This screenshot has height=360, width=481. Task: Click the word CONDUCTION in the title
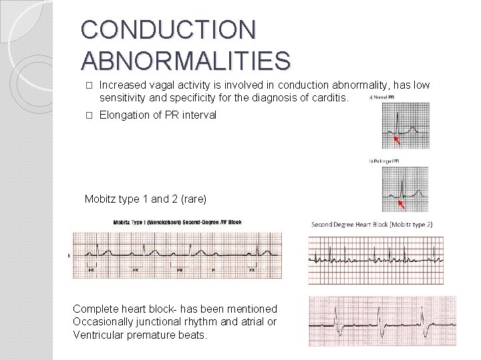click(x=168, y=31)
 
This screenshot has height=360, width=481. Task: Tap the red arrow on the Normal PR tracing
click(x=399, y=140)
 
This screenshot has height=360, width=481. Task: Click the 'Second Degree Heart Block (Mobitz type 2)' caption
click(x=371, y=224)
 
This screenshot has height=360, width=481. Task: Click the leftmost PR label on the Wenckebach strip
click(x=92, y=271)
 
